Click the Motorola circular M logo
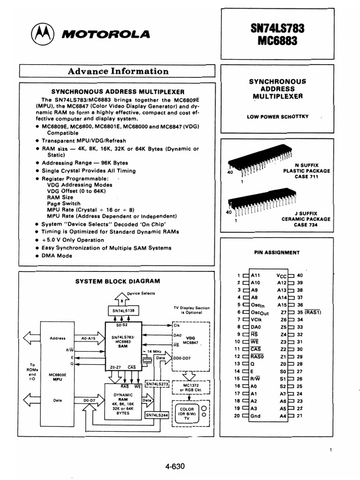coord(41,34)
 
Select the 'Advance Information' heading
coord(118,71)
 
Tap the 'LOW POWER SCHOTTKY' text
coord(278,117)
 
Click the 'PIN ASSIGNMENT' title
coord(277,252)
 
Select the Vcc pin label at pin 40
coord(281,275)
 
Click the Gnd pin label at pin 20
coord(256,416)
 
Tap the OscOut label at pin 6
coord(260,312)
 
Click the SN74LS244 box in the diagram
coord(157,415)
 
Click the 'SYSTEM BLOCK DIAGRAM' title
coord(118,281)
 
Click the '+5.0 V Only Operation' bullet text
coord(73,240)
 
